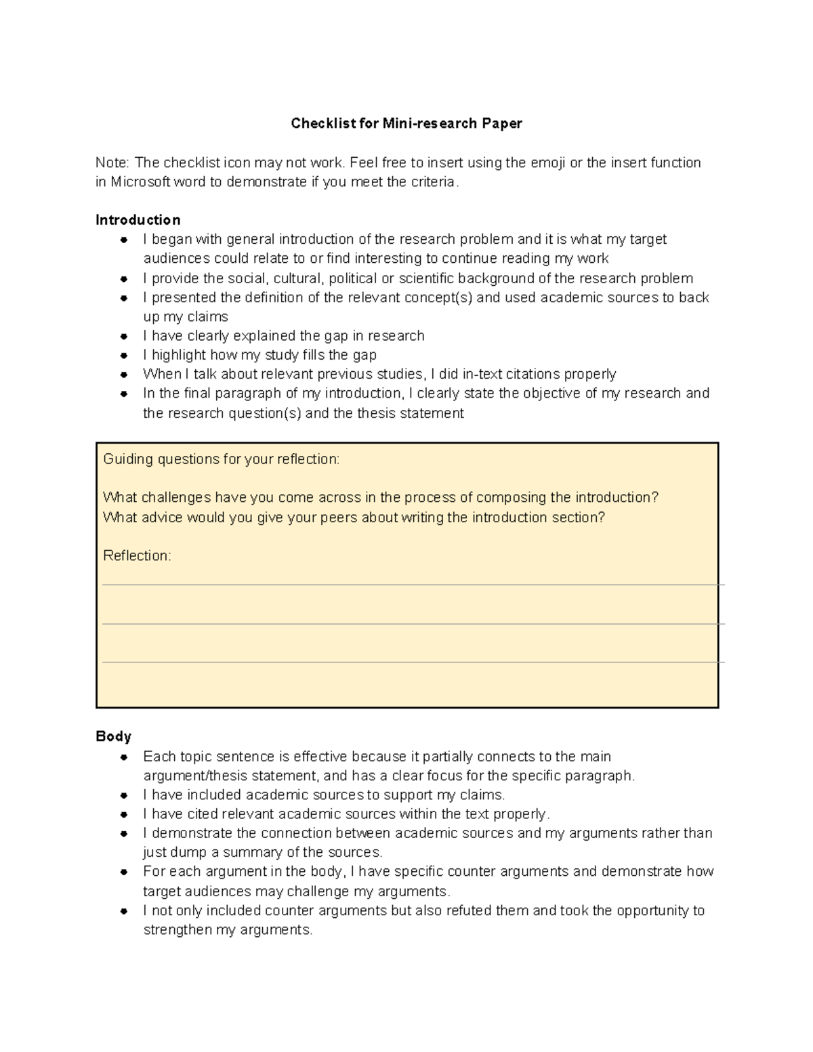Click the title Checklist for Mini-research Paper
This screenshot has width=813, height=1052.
coord(406,123)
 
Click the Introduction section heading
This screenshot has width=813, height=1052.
coord(138,219)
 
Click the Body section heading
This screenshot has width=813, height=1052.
coord(113,736)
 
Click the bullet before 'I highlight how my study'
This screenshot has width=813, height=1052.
coord(124,355)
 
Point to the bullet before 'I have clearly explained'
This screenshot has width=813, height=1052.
coord(124,336)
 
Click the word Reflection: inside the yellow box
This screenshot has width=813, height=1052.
coord(137,555)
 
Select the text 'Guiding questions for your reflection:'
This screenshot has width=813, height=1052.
coord(221,459)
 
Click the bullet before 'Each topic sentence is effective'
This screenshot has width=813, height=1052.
coord(124,757)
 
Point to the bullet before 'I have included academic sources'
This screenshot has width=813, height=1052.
coord(124,795)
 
